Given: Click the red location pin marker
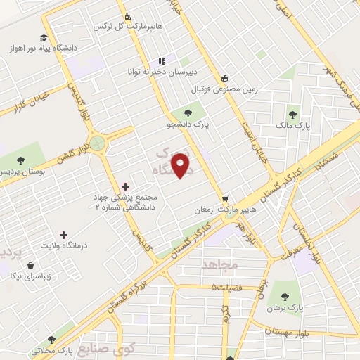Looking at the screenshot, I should click(x=181, y=166).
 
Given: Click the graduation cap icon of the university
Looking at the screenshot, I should click(x=44, y=37).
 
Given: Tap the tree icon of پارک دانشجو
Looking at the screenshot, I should click(x=188, y=112).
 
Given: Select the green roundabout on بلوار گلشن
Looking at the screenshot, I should click(x=98, y=143).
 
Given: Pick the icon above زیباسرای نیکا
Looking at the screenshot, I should click(x=31, y=266).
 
